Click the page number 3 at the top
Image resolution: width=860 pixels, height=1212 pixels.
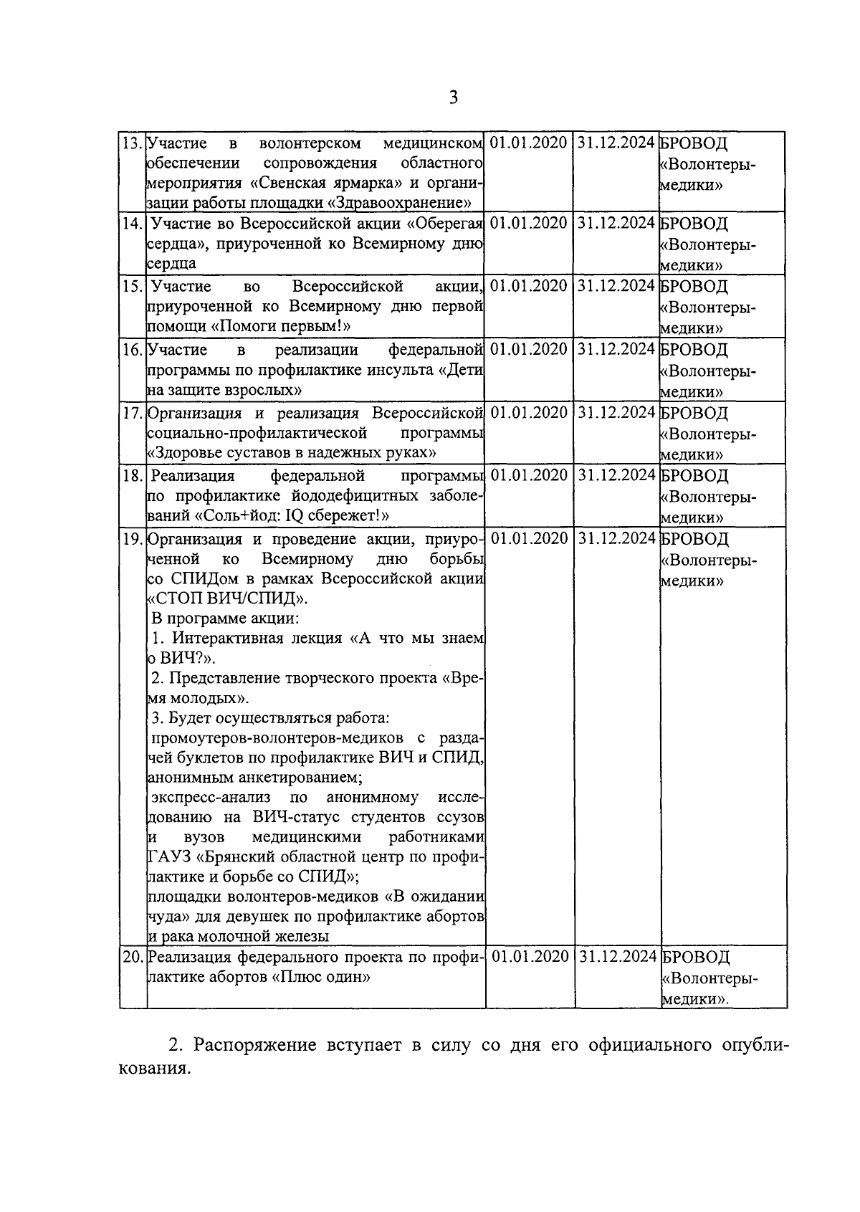(453, 97)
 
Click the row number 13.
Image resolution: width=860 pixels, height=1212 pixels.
(132, 143)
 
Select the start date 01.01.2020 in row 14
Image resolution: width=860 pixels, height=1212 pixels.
(530, 223)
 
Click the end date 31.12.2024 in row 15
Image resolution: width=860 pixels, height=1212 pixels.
(616, 286)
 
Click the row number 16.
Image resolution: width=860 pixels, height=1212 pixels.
(132, 350)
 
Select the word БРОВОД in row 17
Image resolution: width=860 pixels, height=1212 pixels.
(694, 413)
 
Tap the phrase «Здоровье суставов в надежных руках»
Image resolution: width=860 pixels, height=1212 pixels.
(292, 453)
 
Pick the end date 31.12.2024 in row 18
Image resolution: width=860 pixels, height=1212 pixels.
(616, 475)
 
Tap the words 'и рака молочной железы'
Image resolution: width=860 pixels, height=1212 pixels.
(239, 936)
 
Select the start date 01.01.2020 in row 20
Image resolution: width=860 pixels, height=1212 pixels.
(530, 956)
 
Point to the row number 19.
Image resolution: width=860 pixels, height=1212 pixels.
(132, 538)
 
